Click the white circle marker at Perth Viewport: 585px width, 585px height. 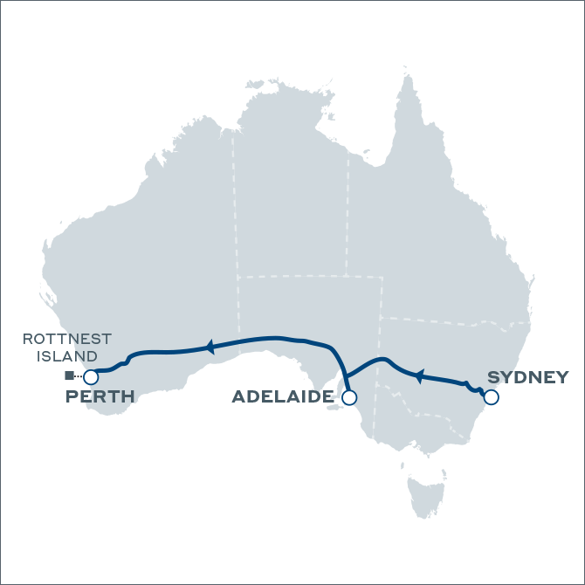point(90,377)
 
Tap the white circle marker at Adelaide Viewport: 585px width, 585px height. point(349,398)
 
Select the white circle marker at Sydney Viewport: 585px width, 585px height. point(491,397)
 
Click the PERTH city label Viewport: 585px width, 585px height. point(100,397)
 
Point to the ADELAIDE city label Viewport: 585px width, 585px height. point(281,398)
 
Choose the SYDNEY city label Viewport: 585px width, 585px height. point(527,377)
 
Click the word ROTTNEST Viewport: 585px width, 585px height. point(67,340)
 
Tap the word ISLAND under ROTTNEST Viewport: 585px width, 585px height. point(67,356)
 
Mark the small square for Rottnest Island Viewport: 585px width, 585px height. point(68,375)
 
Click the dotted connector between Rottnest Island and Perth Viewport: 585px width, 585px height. point(78,376)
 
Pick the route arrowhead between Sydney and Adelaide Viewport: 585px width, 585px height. point(418,376)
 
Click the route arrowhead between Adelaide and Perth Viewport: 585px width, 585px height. point(209,347)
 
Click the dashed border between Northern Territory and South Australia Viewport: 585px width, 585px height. point(297,277)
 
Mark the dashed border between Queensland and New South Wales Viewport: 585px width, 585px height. point(437,320)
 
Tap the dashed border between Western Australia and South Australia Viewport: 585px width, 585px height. point(238,306)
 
